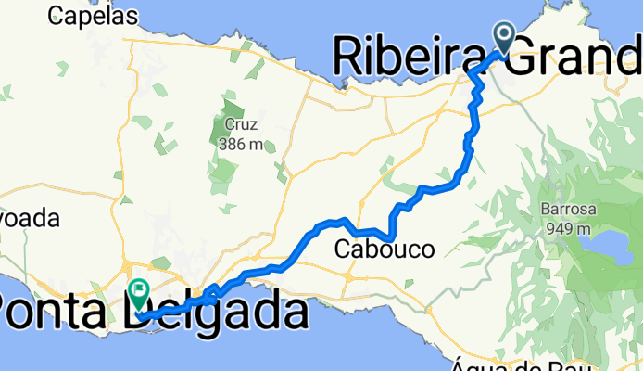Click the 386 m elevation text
[x=240, y=144]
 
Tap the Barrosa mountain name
[x=567, y=210]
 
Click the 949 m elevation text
[x=567, y=228]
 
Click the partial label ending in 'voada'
[x=29, y=220]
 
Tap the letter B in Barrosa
[x=547, y=210]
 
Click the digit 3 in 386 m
[x=224, y=144]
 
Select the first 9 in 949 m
[x=551, y=228]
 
